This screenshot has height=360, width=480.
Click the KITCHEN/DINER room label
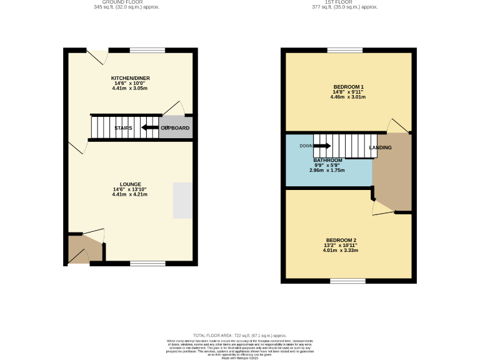click(x=131, y=78)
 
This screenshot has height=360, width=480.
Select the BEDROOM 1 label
click(x=348, y=87)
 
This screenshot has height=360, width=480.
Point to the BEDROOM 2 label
click(x=341, y=241)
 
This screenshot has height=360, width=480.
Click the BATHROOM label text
click(x=327, y=160)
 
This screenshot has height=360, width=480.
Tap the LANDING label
click(x=380, y=148)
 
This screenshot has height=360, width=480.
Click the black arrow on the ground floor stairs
click(x=149, y=128)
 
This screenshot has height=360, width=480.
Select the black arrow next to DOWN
click(x=322, y=146)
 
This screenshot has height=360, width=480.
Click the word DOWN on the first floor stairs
click(x=306, y=146)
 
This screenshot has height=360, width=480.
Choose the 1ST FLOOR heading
click(x=345, y=2)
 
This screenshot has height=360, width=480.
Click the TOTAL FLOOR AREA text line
click(x=239, y=336)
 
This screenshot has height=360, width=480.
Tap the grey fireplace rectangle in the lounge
click(x=183, y=200)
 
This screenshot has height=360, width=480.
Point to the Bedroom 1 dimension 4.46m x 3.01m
click(x=348, y=97)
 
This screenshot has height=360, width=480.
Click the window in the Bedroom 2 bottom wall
click(x=348, y=281)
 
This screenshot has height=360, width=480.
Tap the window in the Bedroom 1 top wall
click(x=341, y=50)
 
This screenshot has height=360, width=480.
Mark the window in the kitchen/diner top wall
click(x=147, y=50)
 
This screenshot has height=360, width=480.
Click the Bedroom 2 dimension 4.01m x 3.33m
click(x=341, y=251)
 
